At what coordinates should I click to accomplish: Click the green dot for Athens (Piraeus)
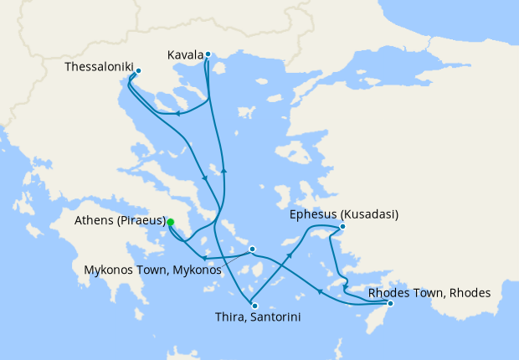click(x=170, y=223)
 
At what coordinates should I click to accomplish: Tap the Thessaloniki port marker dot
click(x=138, y=71)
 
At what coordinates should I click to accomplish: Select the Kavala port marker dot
click(x=208, y=54)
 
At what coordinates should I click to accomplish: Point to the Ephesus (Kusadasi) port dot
click(x=342, y=226)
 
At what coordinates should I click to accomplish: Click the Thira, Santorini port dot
click(x=254, y=306)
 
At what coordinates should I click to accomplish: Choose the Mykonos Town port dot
click(x=252, y=249)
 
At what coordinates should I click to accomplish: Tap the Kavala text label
click(x=185, y=55)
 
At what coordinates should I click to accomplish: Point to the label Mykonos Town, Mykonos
click(x=153, y=270)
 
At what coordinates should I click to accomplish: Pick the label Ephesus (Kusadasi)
click(x=344, y=214)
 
